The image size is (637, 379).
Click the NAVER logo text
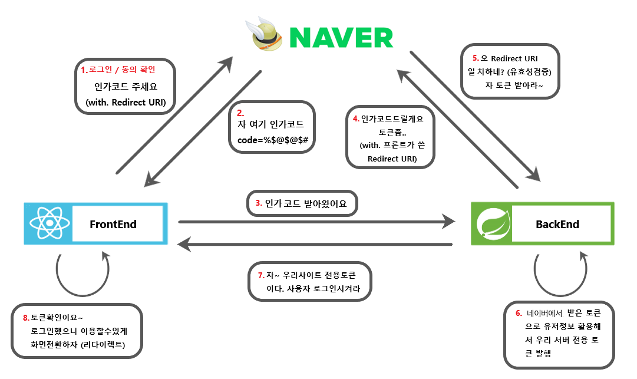point(341,37)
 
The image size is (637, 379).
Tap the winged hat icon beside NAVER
point(267,37)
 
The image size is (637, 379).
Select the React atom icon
point(49,224)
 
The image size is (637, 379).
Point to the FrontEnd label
point(113,224)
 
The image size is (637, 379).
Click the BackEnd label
point(557,224)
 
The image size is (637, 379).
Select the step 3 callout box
point(301,203)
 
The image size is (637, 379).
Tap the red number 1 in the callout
point(84,70)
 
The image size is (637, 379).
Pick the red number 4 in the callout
point(356,119)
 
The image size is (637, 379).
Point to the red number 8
point(26,318)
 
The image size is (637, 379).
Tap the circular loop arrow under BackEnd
point(560,272)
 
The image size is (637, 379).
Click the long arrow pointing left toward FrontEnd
point(315,243)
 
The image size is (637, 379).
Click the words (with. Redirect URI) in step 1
point(126,102)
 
